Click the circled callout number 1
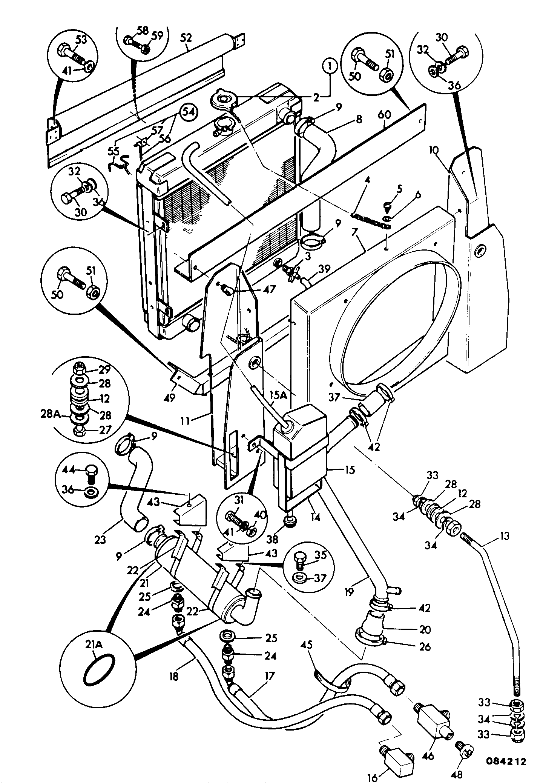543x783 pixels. (330, 67)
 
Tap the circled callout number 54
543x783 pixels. (188, 112)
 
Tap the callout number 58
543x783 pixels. (143, 31)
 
